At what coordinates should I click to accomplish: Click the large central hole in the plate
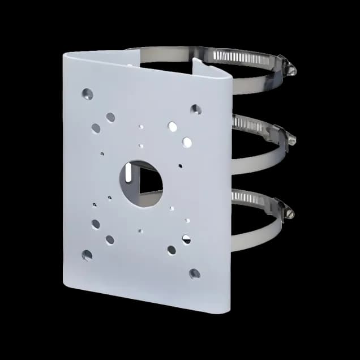[x=140, y=183]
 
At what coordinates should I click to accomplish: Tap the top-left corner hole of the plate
[x=87, y=93]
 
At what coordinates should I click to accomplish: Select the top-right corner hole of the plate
[x=196, y=109]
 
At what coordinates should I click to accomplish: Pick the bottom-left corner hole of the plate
[x=87, y=255]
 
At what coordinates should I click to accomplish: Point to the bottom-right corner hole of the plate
[x=195, y=273]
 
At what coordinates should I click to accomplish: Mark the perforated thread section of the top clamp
[x=243, y=57]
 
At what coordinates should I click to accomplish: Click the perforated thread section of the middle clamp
[x=249, y=125]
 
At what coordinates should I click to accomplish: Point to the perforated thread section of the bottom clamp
[x=249, y=198]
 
